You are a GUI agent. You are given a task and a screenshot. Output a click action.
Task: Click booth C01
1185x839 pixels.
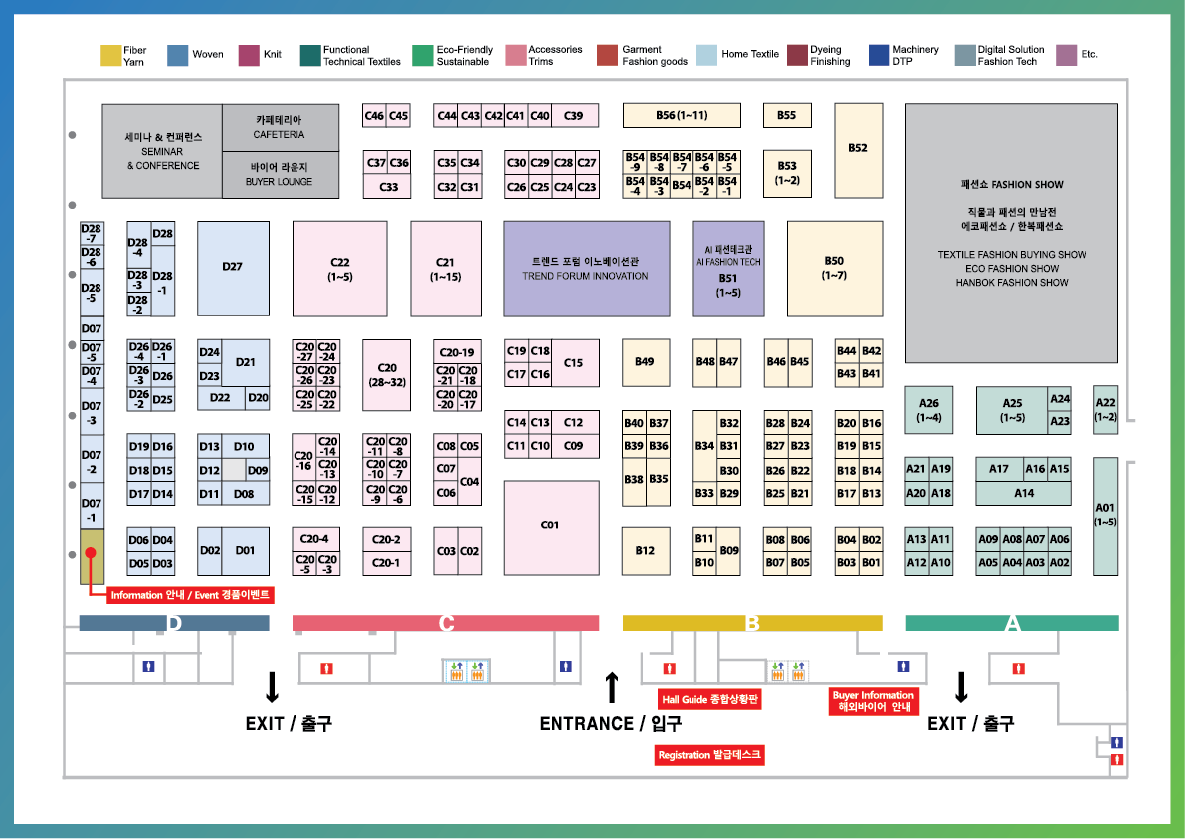[x=550, y=528]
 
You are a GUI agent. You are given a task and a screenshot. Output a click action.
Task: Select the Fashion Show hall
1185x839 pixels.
[x=1012, y=233]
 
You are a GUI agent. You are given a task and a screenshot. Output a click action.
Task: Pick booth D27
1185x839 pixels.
[x=233, y=267]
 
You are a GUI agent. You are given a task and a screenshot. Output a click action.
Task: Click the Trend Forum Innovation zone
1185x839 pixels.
[x=585, y=269]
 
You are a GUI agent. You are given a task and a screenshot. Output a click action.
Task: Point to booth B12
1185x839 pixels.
[x=645, y=551]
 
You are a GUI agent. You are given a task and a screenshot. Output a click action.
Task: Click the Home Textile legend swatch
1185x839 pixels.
[x=706, y=55]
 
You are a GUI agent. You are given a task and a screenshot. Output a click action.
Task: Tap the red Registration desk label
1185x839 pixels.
[x=709, y=755]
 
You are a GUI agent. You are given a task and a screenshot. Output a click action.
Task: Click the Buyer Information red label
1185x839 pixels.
[x=874, y=701]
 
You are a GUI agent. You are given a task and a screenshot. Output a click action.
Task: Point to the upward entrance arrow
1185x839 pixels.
[x=612, y=687]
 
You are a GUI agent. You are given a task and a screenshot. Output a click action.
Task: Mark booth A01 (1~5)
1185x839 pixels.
[x=1105, y=516]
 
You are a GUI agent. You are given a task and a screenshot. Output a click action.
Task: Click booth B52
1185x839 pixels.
[x=858, y=149]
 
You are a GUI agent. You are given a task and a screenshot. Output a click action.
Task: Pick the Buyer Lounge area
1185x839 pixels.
[x=280, y=175]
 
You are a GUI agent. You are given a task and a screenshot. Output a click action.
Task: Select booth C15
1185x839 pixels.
[x=574, y=363]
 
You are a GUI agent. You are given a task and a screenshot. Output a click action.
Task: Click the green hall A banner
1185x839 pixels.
[x=1012, y=624]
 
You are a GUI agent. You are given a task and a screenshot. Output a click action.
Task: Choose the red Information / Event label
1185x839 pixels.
[x=191, y=594]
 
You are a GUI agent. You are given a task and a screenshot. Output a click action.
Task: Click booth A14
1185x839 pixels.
[x=1024, y=493]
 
